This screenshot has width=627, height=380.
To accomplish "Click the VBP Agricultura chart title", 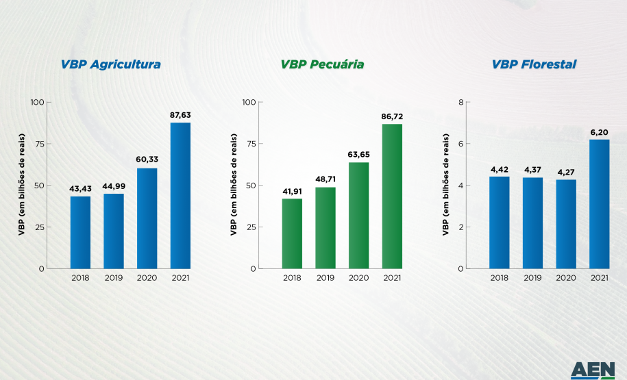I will point(110,64).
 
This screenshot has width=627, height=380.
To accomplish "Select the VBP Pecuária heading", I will point(322,64).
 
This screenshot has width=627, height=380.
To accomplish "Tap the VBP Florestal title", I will point(534,64).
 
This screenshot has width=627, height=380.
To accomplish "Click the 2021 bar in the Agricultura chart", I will point(180,195).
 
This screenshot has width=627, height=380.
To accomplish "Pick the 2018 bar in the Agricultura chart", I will point(80,232).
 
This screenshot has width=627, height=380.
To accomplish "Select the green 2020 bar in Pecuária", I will point(358,215).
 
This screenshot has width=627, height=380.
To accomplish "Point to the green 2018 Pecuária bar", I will point(292,233).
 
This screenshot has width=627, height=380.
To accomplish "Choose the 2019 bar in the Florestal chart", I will point(532,223).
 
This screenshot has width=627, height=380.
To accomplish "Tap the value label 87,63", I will point(180,114).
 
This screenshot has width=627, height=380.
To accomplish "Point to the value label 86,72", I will point(392,116).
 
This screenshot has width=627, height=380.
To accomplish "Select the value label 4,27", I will point(565,172).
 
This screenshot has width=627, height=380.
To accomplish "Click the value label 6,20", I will point(599,131).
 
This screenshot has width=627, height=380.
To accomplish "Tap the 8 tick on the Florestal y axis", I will point(461,102).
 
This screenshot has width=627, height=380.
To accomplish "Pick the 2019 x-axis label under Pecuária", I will point(325,278).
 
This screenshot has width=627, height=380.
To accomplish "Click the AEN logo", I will point(593,370).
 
